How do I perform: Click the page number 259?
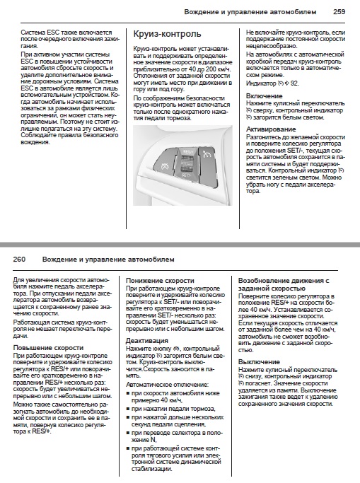(x=339, y=12)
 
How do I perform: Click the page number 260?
(x=19, y=260)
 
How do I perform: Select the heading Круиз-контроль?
(x=167, y=34)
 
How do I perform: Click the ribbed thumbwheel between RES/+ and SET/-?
(x=187, y=163)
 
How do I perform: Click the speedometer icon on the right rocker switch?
(x=207, y=154)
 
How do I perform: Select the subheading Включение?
(x=265, y=95)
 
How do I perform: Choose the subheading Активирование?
(x=271, y=129)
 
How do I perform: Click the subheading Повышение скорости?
(x=48, y=348)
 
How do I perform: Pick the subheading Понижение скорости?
(x=160, y=281)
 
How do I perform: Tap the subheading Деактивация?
(x=147, y=341)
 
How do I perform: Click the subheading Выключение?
(x=259, y=361)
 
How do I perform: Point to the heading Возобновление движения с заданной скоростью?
(x=284, y=284)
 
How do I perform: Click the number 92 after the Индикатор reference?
(x=294, y=83)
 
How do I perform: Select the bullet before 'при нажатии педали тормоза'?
(x=128, y=409)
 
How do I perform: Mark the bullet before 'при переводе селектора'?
(x=128, y=433)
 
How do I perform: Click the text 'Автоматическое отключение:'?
(x=167, y=385)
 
